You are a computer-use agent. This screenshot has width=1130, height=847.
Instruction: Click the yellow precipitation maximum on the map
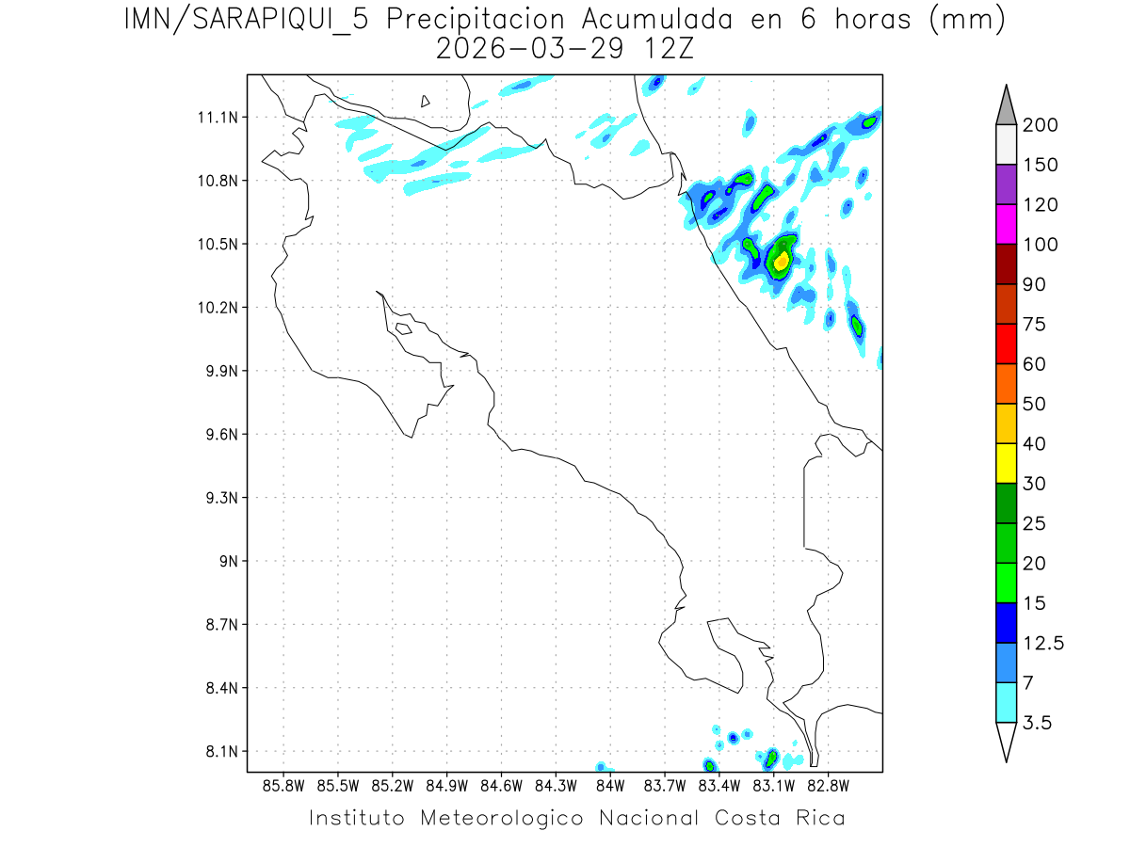pyautogui.click(x=782, y=261)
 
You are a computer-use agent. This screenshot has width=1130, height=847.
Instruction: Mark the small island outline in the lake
pyautogui.click(x=426, y=101)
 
